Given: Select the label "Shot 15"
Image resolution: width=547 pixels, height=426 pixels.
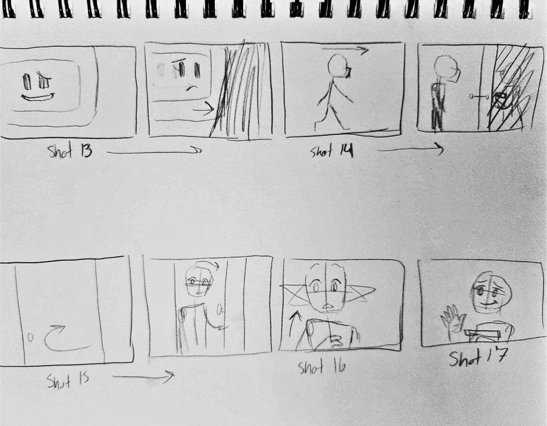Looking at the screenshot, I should pyautogui.click(x=68, y=380).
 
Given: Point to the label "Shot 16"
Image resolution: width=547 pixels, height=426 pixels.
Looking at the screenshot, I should pyautogui.click(x=322, y=367).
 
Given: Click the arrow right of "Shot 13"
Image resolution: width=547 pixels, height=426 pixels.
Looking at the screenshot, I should pyautogui.click(x=154, y=152).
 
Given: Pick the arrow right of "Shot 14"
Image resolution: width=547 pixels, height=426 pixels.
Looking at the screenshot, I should pyautogui.click(x=410, y=150).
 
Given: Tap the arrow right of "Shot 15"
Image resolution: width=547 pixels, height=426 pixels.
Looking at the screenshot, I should pyautogui.click(x=144, y=377).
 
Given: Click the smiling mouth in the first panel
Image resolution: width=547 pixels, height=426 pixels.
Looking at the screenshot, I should pyautogui.click(x=37, y=98).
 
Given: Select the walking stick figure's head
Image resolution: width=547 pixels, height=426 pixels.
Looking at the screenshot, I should pyautogui.click(x=338, y=65).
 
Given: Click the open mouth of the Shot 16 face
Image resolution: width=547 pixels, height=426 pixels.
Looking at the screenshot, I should pyautogui.click(x=327, y=308).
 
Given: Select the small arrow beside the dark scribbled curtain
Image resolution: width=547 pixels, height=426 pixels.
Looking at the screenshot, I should pyautogui.click(x=203, y=109).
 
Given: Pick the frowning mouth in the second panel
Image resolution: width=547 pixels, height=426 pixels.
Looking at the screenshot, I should pyautogui.click(x=191, y=88).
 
